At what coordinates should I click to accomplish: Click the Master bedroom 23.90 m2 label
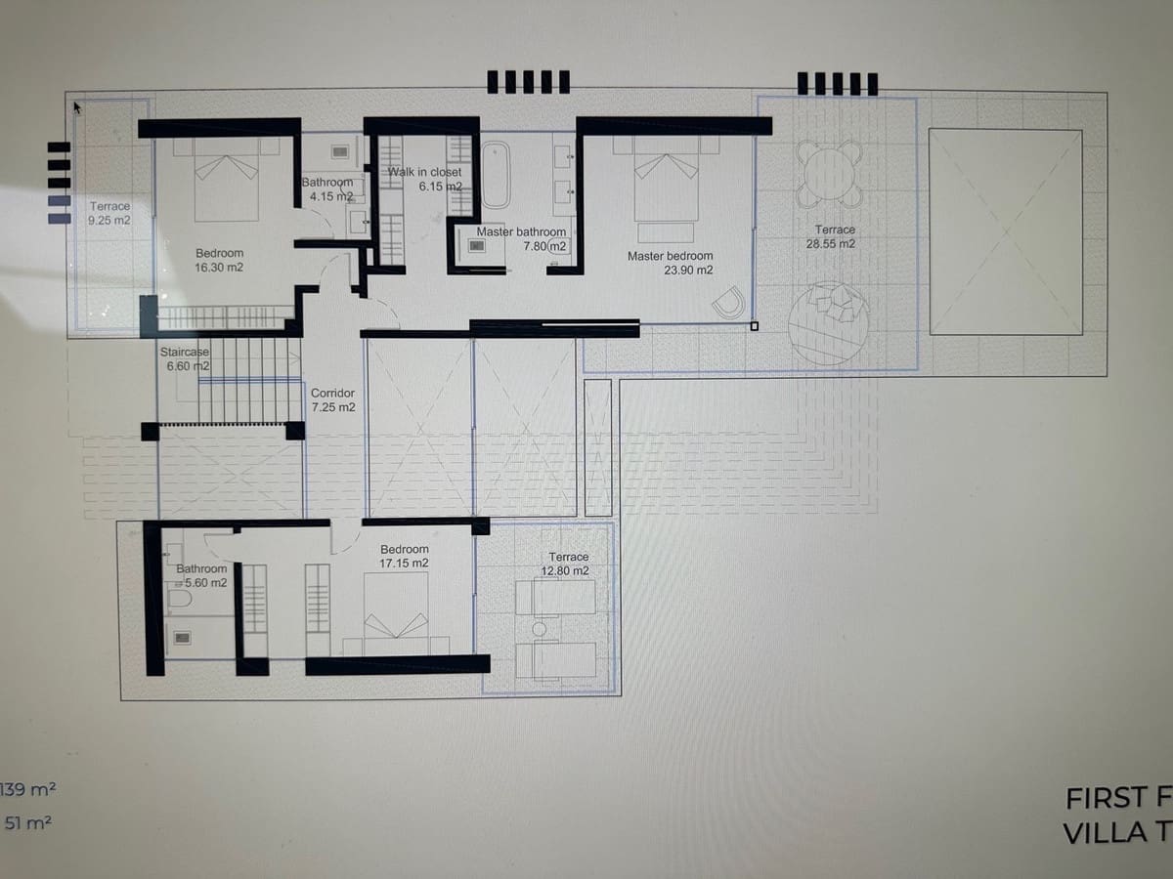pos(670,263)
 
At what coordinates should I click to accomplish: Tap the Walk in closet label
pos(425,179)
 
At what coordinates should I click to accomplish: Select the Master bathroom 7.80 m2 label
pos(522,239)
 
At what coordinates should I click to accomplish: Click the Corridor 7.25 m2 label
pos(332,399)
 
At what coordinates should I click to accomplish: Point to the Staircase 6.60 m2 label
pos(185,358)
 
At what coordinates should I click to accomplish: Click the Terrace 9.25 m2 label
pos(109,213)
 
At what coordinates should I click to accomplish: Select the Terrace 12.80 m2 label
pos(567,564)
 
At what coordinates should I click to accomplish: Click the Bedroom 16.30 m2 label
pos(219,260)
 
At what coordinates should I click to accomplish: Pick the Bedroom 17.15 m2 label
pos(405,557)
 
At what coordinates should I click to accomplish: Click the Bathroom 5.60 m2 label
pos(201,575)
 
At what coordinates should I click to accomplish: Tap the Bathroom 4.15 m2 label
pos(327,189)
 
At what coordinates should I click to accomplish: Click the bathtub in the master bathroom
pos(497,174)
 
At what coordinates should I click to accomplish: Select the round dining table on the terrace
pos(829,173)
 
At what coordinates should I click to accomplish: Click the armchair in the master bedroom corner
pos(729,304)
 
